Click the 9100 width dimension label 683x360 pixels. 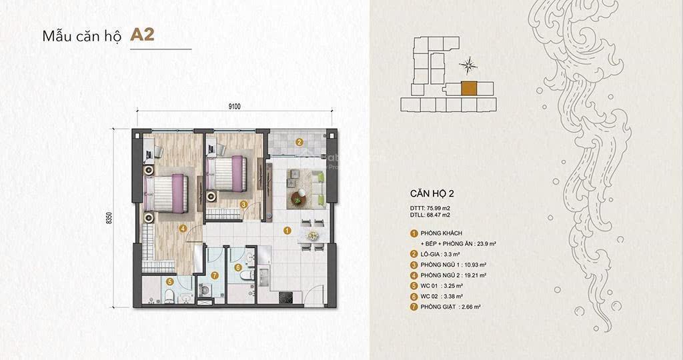tap(233, 105)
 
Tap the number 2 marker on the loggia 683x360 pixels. tap(299, 141)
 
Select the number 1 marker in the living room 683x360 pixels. tap(287, 231)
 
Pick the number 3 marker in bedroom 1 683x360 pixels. tap(244, 205)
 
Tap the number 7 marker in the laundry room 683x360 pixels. tap(213, 275)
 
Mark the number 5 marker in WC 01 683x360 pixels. tap(170, 282)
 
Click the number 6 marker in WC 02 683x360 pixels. tap(238, 267)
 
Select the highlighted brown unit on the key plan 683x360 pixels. tap(469, 89)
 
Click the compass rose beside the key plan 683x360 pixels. tap(470, 65)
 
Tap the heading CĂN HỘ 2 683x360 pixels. tap(432, 193)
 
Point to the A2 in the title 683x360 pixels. tap(142, 35)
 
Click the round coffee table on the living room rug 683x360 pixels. tap(297, 197)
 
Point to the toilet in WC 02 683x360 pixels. tap(246, 277)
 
